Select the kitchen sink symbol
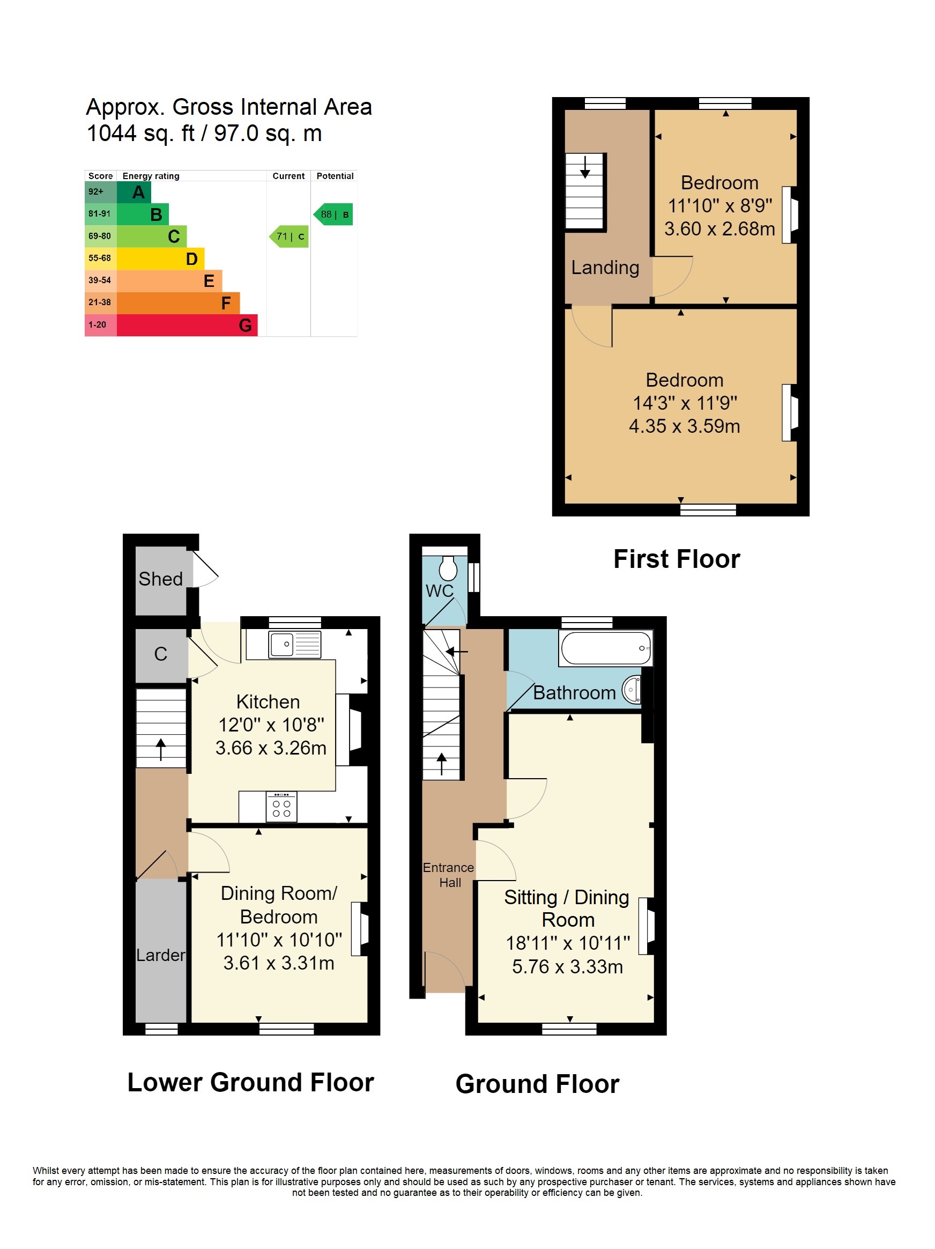[295, 644]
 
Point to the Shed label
[160, 579]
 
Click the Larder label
[160, 955]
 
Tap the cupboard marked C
[160, 654]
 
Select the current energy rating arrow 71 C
[289, 237]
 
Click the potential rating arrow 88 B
[333, 215]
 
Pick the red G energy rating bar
[187, 325]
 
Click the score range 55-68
[99, 258]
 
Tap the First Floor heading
[676, 559]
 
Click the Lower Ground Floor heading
[251, 1082]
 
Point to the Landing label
[605, 267]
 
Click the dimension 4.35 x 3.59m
[684, 426]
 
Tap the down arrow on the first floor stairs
[585, 168]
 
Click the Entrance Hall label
[449, 875]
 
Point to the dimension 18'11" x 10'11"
[567, 942]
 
